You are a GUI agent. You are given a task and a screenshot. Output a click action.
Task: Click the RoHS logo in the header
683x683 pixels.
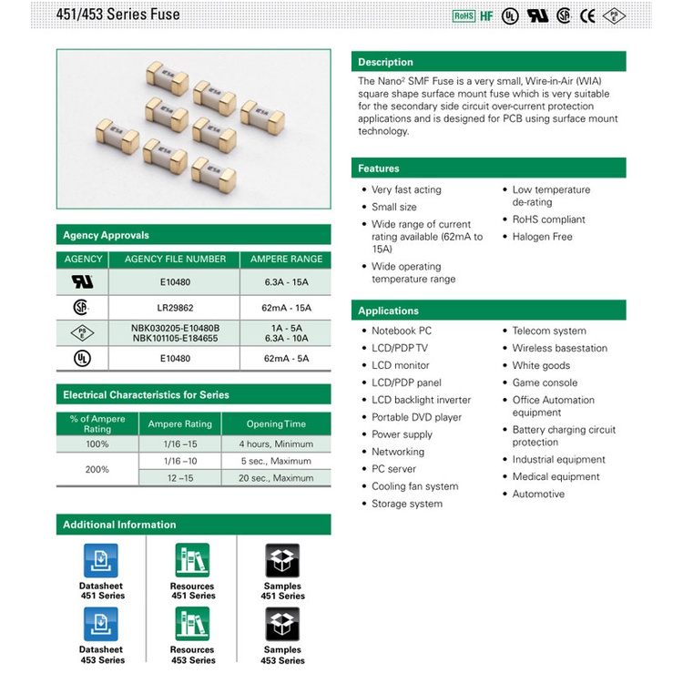(464, 16)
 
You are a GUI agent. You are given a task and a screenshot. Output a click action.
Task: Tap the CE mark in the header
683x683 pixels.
(587, 16)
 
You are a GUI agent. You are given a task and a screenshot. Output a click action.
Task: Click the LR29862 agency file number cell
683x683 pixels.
(175, 308)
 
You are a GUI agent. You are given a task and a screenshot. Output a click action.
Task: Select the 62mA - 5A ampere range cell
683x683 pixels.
(286, 359)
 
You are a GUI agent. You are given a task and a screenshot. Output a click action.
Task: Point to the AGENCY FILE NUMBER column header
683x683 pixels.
(175, 260)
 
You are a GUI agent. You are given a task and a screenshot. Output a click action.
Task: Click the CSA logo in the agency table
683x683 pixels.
(81, 307)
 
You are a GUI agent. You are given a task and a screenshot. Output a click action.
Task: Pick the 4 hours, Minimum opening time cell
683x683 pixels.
(276, 443)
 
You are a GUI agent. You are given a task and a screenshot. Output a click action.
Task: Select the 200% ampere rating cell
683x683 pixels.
(97, 469)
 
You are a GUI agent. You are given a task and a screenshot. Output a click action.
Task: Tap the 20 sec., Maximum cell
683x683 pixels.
(276, 478)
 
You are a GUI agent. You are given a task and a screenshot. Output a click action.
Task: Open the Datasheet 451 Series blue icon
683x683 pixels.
(100, 561)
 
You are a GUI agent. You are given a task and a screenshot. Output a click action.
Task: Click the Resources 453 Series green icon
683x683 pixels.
(192, 624)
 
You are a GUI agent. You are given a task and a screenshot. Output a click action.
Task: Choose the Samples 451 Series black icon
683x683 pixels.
(282, 561)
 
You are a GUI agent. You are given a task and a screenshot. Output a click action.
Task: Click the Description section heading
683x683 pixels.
(385, 62)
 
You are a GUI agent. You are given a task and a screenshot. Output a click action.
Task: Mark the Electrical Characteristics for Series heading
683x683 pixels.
(146, 394)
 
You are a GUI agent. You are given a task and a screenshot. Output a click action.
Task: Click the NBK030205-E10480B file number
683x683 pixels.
(175, 328)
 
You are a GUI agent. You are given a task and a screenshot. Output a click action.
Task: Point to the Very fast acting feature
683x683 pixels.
(402, 190)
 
